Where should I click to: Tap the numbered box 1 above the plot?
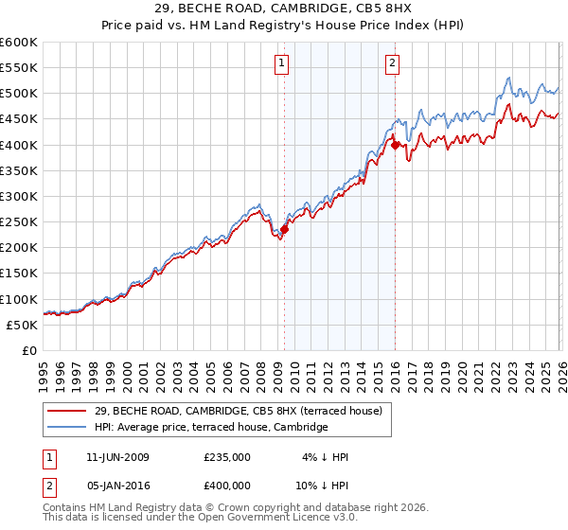282,63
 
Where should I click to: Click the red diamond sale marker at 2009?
284,228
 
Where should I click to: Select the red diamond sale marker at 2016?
395,144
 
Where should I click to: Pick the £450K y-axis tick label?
20,119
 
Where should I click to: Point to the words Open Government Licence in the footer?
268,519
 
